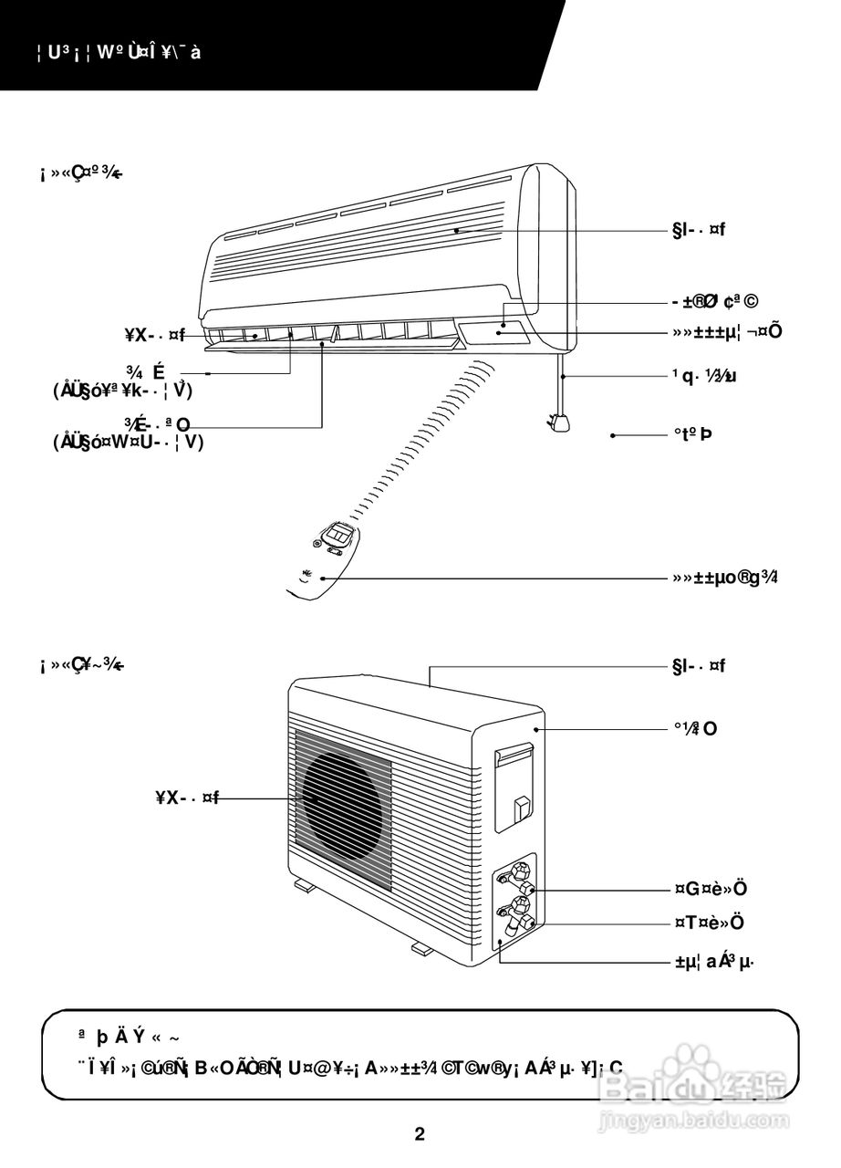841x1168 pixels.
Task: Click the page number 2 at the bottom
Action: coord(420,1134)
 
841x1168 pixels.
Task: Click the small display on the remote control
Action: coord(339,532)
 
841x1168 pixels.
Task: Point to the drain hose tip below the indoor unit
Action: coord(558,422)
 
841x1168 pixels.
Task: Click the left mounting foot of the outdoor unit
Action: coord(304,884)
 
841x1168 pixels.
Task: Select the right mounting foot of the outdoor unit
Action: coord(421,949)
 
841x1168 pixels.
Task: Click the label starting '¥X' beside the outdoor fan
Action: coord(186,799)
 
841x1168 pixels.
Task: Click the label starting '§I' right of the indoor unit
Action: coord(699,230)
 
